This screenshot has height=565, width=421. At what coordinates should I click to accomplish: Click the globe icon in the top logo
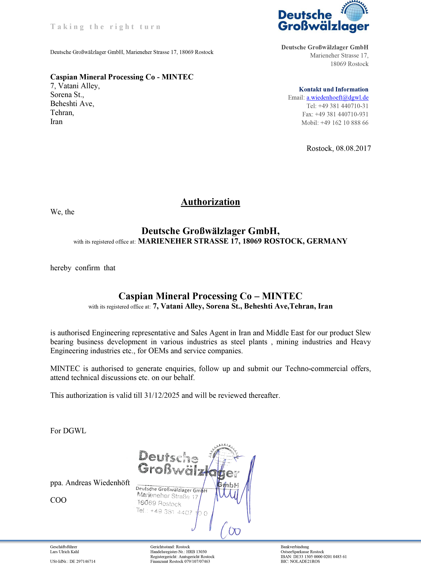point(354,12)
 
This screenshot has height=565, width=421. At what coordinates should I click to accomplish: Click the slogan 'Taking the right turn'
point(106,27)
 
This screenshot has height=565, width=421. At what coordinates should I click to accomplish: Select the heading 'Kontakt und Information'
point(333,89)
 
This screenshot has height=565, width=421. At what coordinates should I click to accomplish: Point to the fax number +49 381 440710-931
point(342,114)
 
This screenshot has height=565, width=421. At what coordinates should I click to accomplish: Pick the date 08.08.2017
point(353,148)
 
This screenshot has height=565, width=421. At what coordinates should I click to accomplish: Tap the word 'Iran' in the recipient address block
point(56,122)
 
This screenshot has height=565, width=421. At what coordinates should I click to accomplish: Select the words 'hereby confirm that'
point(83,268)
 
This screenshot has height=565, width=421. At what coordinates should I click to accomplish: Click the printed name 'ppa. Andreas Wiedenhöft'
point(90,483)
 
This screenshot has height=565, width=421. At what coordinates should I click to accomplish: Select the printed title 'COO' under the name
point(58,500)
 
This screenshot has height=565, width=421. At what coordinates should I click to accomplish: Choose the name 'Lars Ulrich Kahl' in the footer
point(65,552)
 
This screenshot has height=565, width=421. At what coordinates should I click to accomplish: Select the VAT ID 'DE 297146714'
point(82,561)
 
